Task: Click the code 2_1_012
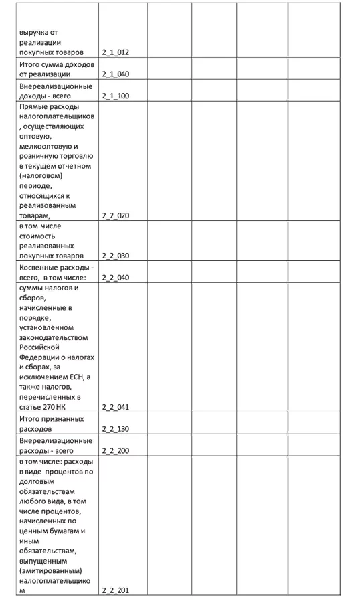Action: [x=115, y=52]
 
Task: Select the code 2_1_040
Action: [x=115, y=74]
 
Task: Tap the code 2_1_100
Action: [x=115, y=96]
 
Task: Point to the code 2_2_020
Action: [x=115, y=215]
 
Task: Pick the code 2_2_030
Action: [x=115, y=256]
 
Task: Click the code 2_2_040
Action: [x=115, y=277]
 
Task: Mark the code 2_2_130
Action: [x=115, y=428]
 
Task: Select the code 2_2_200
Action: [x=115, y=450]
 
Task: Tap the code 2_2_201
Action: [x=115, y=590]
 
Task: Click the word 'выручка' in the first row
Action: [x=35, y=31]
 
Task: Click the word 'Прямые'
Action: [x=34, y=106]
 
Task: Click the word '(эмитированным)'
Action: [x=51, y=570]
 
